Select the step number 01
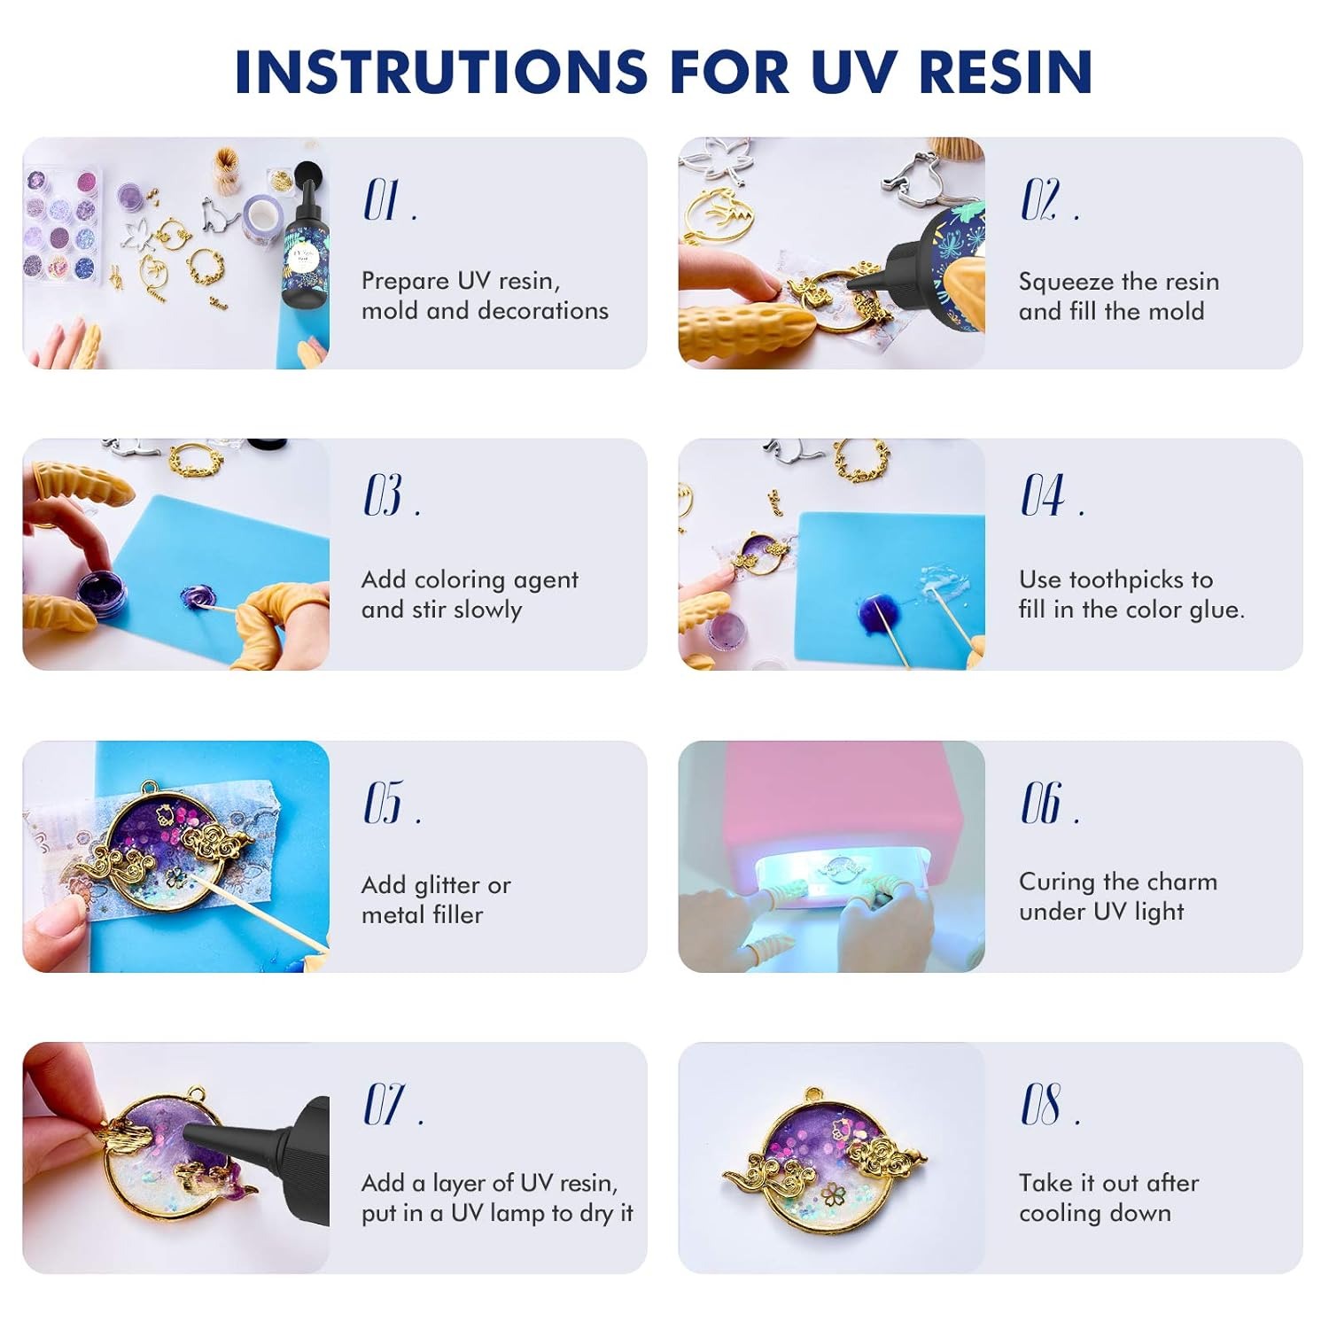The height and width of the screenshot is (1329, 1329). tap(383, 200)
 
